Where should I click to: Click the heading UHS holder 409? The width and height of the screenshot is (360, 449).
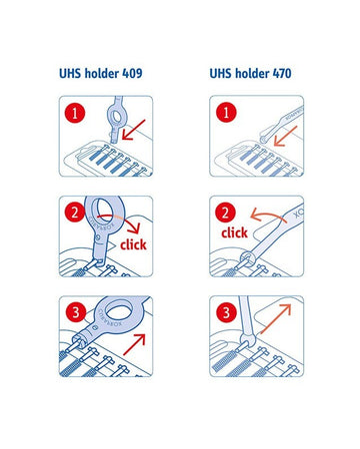[x=101, y=73]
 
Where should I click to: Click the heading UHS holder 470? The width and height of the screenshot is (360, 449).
[x=250, y=73]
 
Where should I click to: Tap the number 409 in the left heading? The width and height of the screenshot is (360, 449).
[x=132, y=73]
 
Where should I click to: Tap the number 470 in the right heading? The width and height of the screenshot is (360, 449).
[x=282, y=73]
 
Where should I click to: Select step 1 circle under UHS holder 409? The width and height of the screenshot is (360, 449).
[x=75, y=113]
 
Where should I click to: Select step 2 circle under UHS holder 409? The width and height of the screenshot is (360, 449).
[x=75, y=213]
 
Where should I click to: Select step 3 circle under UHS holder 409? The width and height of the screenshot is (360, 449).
[x=76, y=312]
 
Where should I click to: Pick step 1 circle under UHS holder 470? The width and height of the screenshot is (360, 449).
[x=226, y=112]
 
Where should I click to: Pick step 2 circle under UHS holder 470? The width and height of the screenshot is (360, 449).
[x=226, y=213]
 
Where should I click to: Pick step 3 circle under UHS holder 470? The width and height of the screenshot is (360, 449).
[x=227, y=312]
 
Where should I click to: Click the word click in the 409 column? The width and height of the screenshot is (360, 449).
[x=133, y=244]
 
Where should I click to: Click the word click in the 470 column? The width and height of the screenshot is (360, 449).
[x=234, y=232]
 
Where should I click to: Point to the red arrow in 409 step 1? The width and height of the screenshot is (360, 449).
[x=133, y=130]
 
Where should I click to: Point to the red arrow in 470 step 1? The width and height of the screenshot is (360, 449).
[x=285, y=136]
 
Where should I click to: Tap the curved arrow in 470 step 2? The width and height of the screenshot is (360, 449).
[x=268, y=214]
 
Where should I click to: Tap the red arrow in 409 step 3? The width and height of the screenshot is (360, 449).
[x=134, y=344]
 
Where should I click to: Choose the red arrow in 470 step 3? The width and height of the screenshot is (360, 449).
[x=276, y=319]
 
